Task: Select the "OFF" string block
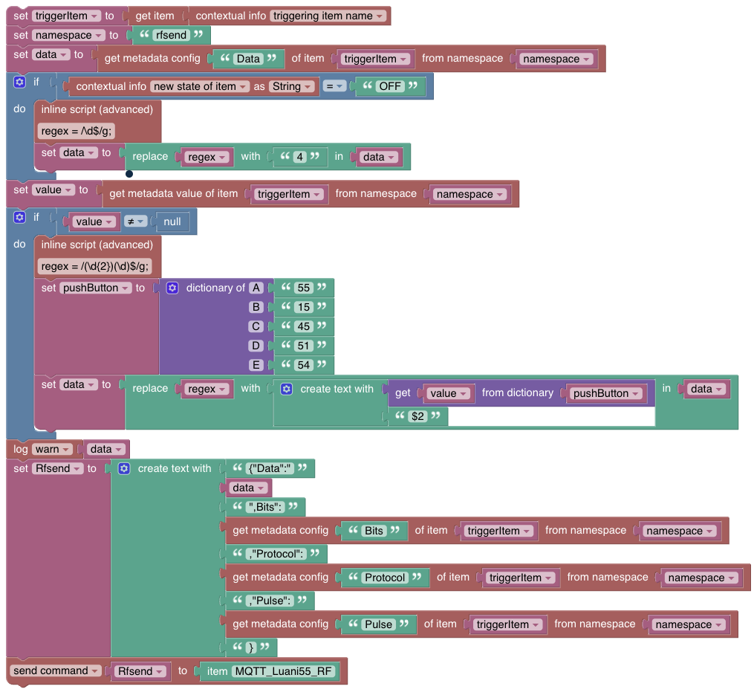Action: [x=390, y=86]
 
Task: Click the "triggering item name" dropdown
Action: [x=328, y=16]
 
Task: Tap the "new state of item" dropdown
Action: [x=199, y=86]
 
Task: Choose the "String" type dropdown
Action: [x=290, y=86]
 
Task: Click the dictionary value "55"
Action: [x=303, y=288]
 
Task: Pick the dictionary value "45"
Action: [x=303, y=326]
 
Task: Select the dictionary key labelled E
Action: [x=256, y=365]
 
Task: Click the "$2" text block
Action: [x=418, y=416]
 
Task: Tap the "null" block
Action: [x=172, y=221]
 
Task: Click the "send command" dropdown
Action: [x=56, y=670]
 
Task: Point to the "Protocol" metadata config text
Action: [x=386, y=578]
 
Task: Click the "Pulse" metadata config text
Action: [x=379, y=624]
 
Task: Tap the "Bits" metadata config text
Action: [x=374, y=531]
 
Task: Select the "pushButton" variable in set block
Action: [x=95, y=288]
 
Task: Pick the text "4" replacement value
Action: [x=300, y=157]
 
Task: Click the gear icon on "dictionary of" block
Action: [x=172, y=288]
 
